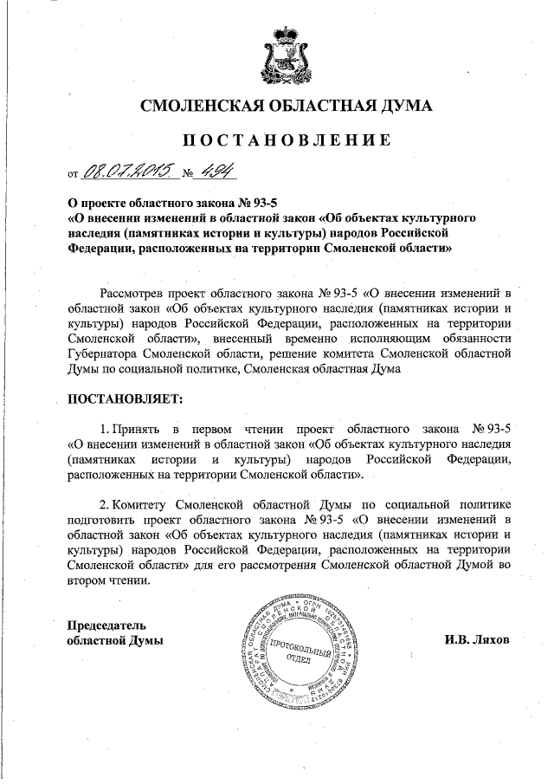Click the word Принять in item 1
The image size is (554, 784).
(135, 429)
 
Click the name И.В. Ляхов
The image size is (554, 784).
(478, 640)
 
